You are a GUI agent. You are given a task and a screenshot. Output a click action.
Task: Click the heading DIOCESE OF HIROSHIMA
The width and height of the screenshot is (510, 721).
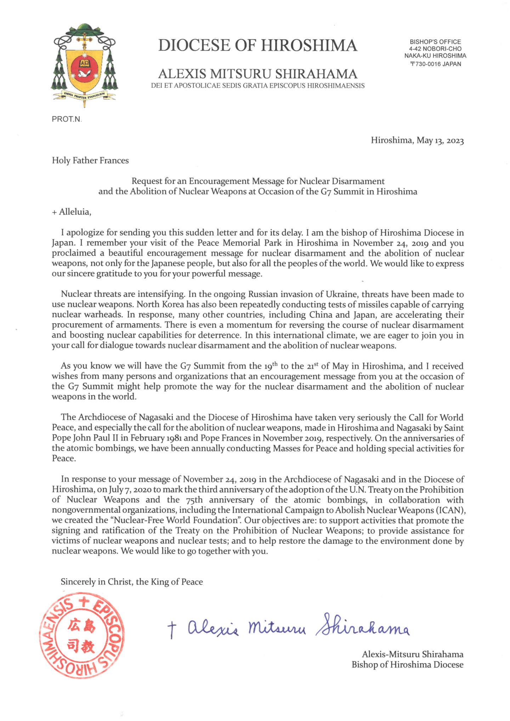point(257,45)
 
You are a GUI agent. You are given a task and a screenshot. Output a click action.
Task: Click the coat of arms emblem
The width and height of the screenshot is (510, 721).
point(85,66)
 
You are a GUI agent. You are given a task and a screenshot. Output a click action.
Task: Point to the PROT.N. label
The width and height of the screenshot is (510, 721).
point(67,119)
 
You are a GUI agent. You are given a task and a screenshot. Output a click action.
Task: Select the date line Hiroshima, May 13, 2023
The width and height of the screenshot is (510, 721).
point(417,140)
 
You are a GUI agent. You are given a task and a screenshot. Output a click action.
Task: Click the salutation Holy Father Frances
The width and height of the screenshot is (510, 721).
point(90,160)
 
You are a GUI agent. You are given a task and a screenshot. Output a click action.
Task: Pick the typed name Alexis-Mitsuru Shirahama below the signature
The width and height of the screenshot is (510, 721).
point(413,654)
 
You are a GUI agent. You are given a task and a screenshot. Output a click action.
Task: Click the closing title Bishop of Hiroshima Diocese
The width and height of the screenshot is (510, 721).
point(407,665)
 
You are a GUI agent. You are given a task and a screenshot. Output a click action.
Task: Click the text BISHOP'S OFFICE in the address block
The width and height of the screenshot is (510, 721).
point(435,42)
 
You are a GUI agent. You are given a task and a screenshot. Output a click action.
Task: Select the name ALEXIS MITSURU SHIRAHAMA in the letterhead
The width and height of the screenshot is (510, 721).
point(257,74)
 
